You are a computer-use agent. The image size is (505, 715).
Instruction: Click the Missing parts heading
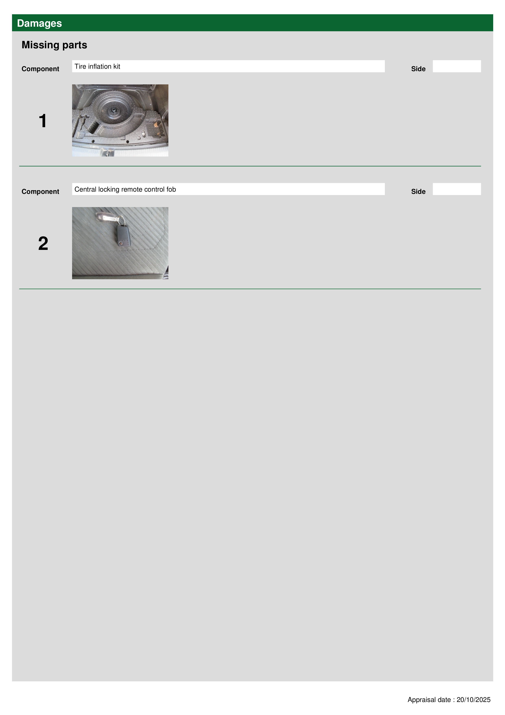tap(54, 45)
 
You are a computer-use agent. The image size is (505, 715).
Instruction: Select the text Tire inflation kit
tap(97, 66)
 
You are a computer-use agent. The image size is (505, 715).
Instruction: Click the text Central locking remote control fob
tap(125, 189)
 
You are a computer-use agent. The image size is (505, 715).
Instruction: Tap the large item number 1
tap(43, 121)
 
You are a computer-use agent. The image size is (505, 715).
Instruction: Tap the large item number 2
tap(43, 244)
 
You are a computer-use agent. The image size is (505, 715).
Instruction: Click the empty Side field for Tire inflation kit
tap(457, 66)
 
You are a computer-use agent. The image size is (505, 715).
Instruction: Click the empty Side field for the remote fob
tap(457, 189)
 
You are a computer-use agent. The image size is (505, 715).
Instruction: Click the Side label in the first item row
tap(418, 69)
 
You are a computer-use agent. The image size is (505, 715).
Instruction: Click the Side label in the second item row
tap(418, 192)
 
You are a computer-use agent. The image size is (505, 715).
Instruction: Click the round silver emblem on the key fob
tap(121, 243)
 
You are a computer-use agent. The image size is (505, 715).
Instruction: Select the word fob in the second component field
tap(171, 189)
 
